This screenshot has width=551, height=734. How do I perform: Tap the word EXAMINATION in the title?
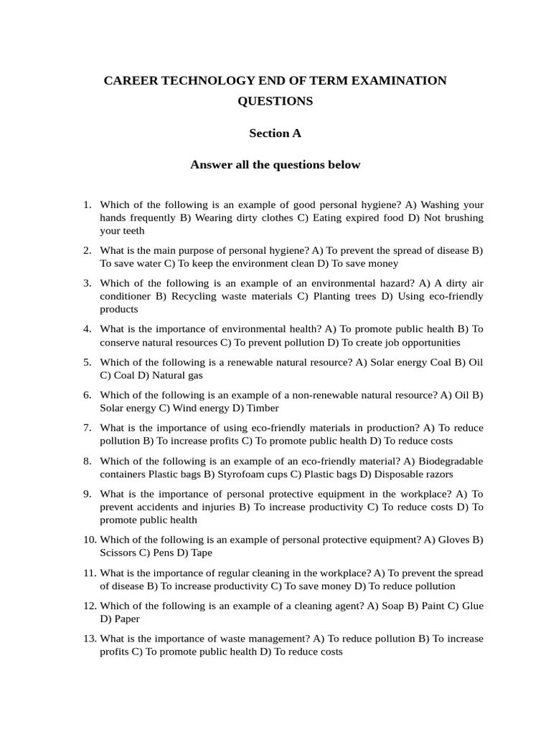(398, 81)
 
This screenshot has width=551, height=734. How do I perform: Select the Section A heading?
(275, 133)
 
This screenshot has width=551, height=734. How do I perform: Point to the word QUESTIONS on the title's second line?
(275, 102)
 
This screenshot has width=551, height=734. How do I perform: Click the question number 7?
(87, 428)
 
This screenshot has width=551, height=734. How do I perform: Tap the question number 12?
(89, 606)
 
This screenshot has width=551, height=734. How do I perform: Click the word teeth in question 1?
(132, 231)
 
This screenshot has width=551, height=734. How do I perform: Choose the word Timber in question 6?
(264, 408)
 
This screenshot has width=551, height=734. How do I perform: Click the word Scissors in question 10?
(119, 553)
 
